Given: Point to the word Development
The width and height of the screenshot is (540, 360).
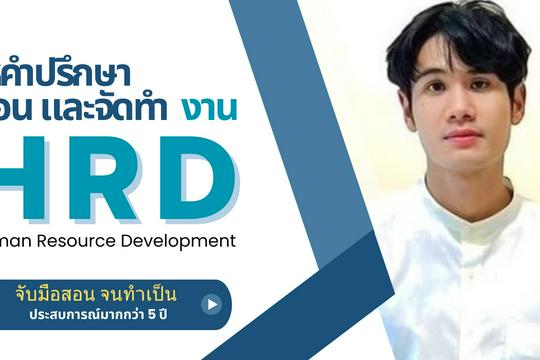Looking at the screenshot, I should pos(184,240).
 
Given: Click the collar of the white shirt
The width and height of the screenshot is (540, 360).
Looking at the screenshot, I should pos(461,205).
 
